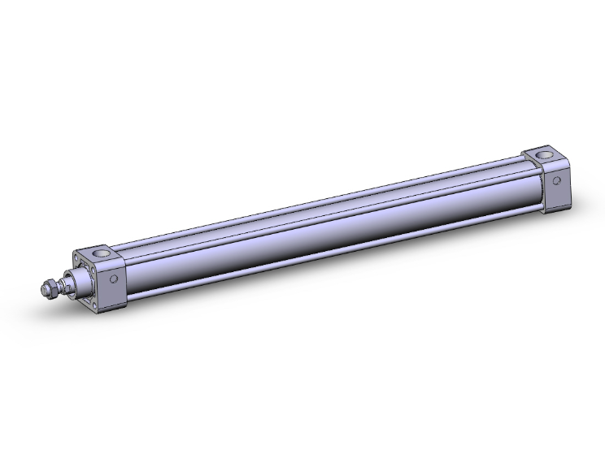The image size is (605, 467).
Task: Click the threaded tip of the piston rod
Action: pyautogui.click(x=45, y=288)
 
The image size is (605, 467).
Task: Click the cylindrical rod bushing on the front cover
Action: pyautogui.click(x=82, y=282)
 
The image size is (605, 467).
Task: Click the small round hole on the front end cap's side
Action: pyautogui.click(x=114, y=280)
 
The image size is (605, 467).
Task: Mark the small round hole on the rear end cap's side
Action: pyautogui.click(x=558, y=180)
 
